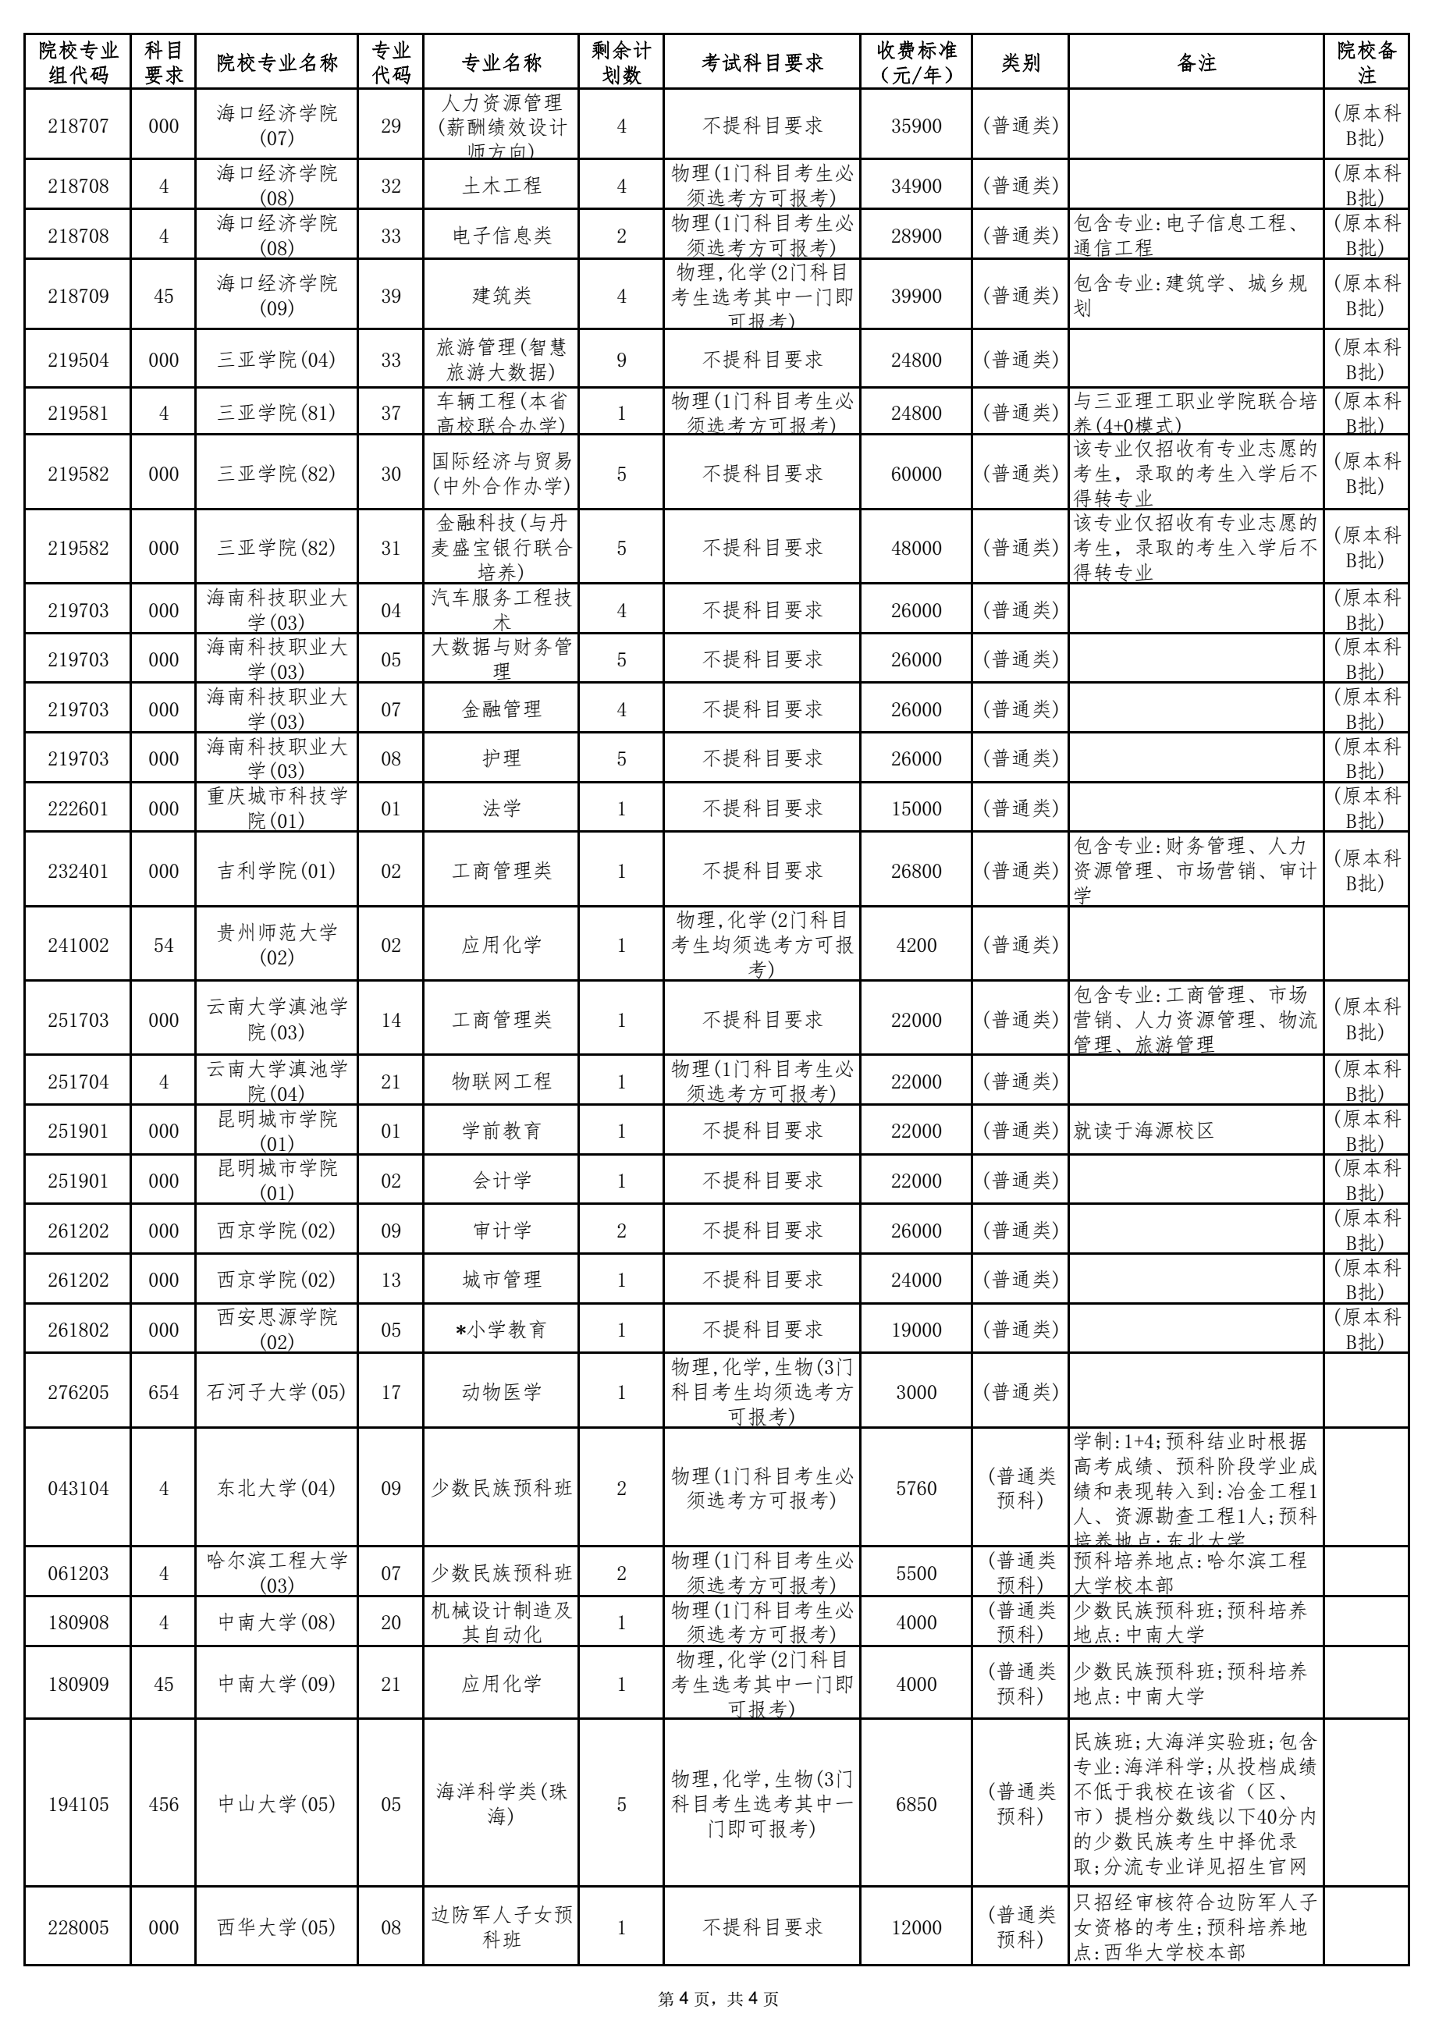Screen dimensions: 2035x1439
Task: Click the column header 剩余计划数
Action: (620, 63)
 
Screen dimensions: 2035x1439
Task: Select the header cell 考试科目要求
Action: (762, 63)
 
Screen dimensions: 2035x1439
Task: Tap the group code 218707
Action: (78, 126)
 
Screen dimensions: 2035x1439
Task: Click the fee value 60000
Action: (916, 474)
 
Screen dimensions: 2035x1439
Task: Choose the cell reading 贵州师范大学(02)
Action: (276, 945)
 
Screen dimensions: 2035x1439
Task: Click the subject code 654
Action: (163, 1392)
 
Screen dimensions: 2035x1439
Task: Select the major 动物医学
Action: (501, 1392)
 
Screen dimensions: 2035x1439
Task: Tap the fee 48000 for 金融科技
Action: (916, 549)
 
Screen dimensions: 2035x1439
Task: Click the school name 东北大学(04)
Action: (276, 1488)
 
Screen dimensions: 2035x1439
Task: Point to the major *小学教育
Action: (501, 1330)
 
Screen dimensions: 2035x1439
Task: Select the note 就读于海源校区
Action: (1143, 1131)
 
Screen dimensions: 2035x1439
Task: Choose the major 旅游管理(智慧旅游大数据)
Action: (501, 360)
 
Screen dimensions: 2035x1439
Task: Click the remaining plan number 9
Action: (620, 360)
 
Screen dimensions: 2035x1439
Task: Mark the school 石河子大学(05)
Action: (276, 1392)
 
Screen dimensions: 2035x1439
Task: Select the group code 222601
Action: (78, 808)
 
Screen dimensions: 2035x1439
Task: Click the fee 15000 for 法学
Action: (916, 808)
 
